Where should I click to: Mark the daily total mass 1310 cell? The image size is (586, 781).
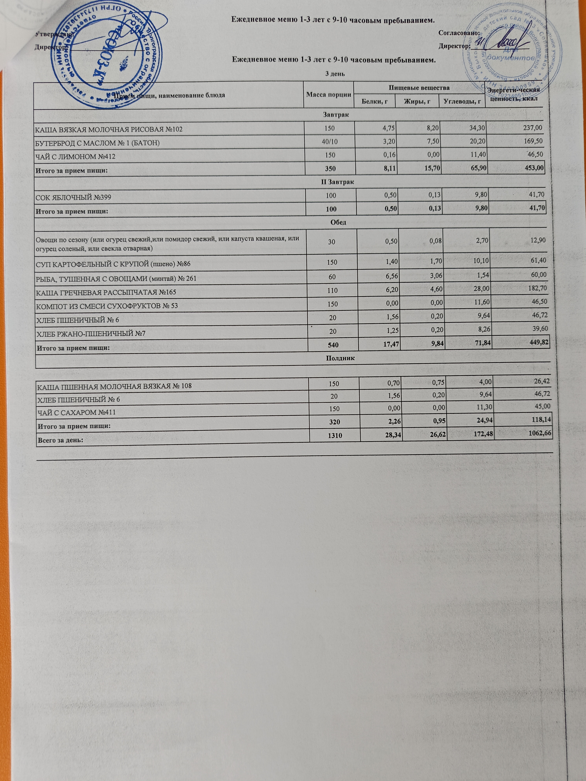[334, 436]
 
